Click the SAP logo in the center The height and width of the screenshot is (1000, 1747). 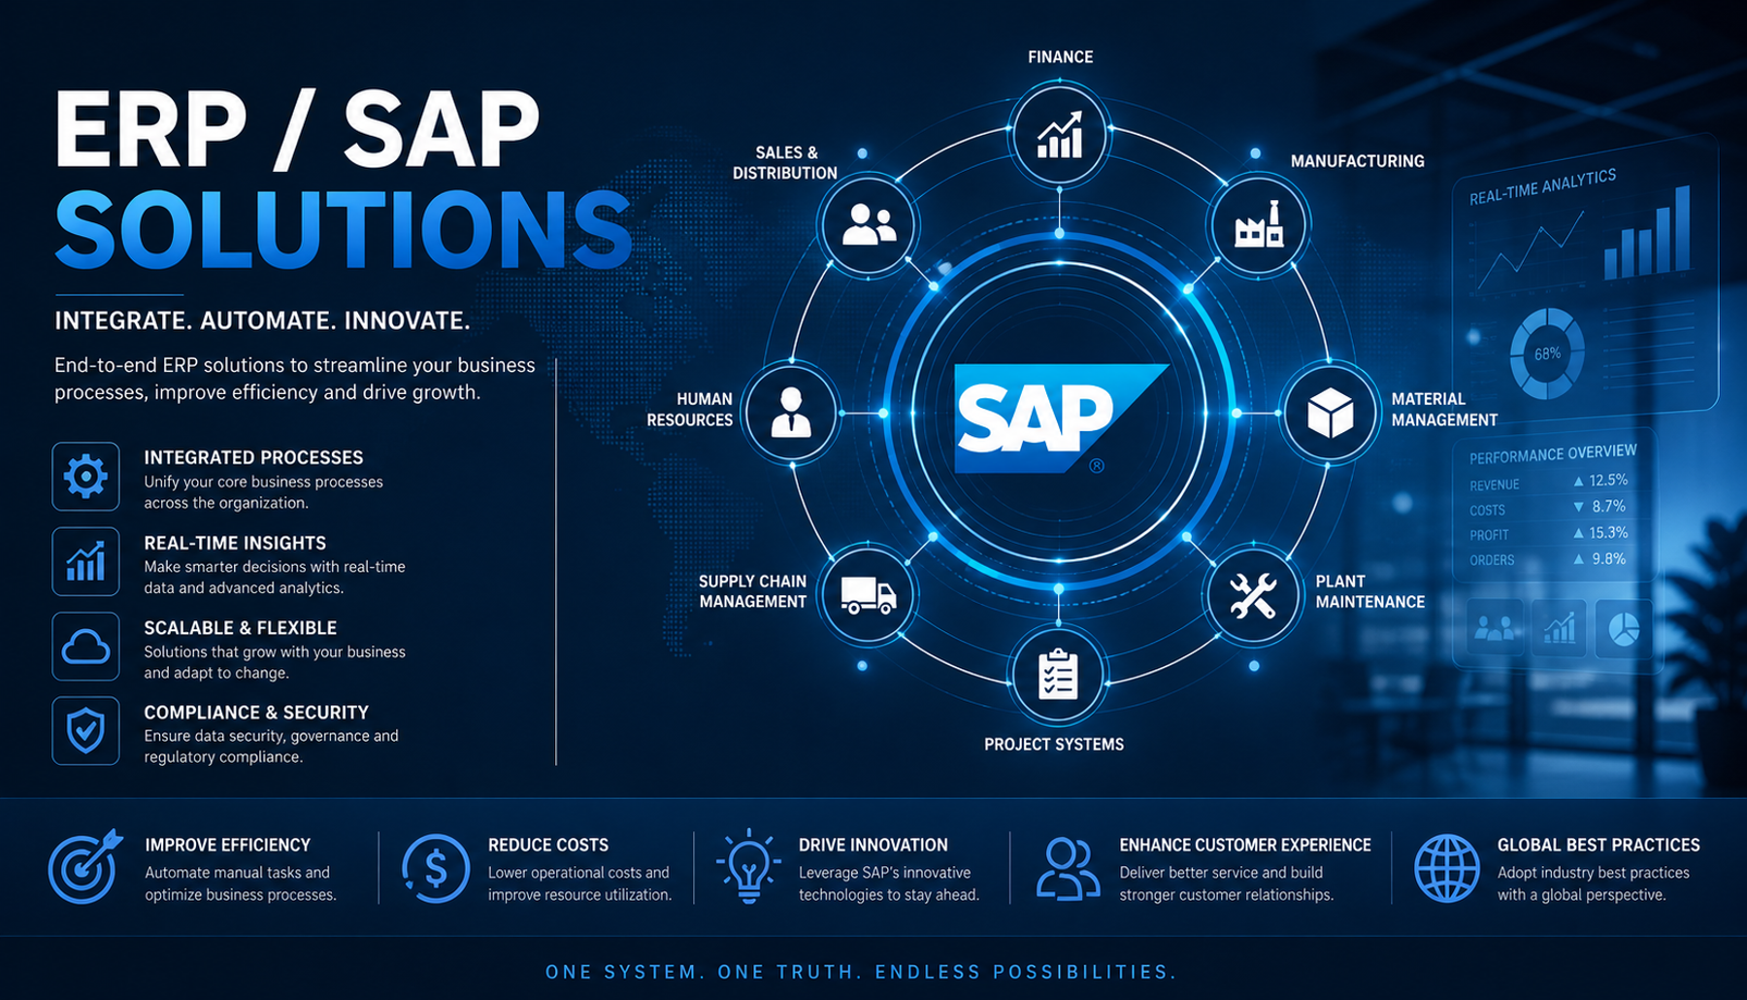(x=1060, y=418)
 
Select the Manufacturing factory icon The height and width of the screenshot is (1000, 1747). (x=1258, y=226)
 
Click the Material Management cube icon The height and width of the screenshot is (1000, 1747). (x=1330, y=413)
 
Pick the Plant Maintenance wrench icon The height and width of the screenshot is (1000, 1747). (x=1252, y=596)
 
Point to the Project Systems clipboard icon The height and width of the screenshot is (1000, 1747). (x=1058, y=675)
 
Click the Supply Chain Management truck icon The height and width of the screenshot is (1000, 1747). (x=868, y=594)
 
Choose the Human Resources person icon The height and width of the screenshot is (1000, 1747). (x=791, y=412)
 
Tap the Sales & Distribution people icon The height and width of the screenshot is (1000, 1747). (x=868, y=225)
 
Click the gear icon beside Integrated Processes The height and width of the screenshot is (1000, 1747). (x=85, y=477)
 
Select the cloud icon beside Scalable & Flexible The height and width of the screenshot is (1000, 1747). (x=85, y=647)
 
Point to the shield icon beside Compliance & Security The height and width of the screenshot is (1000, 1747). (x=85, y=731)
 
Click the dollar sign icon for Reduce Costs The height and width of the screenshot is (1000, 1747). (x=436, y=868)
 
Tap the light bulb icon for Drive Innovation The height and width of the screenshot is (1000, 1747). (x=748, y=866)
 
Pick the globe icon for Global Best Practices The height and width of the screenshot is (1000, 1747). (x=1447, y=868)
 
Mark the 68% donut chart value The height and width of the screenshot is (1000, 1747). (x=1547, y=354)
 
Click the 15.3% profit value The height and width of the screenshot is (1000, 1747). (x=1608, y=533)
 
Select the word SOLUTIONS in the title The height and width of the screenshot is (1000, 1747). (x=344, y=231)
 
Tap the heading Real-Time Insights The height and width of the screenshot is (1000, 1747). (x=235, y=543)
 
